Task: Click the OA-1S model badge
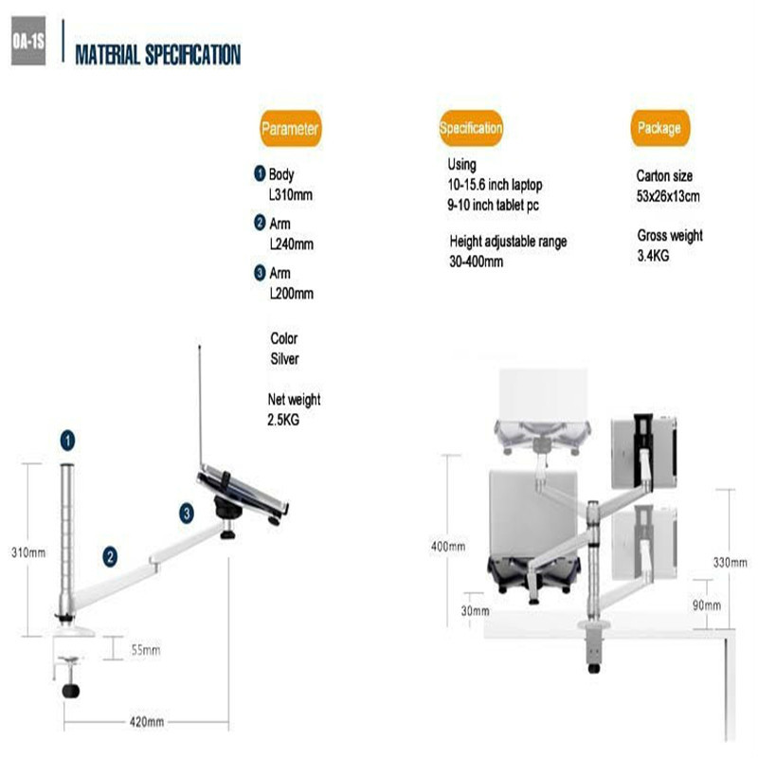coord(28,41)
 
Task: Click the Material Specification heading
coord(158,55)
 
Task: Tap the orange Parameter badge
coord(290,129)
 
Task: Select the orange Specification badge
coord(471,128)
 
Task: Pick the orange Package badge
coord(659,128)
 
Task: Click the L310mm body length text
coord(291,195)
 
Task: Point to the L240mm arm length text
coord(292,244)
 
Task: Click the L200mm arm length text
coord(292,294)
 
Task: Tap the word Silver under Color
coord(285,359)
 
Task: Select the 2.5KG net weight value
coord(283,420)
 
